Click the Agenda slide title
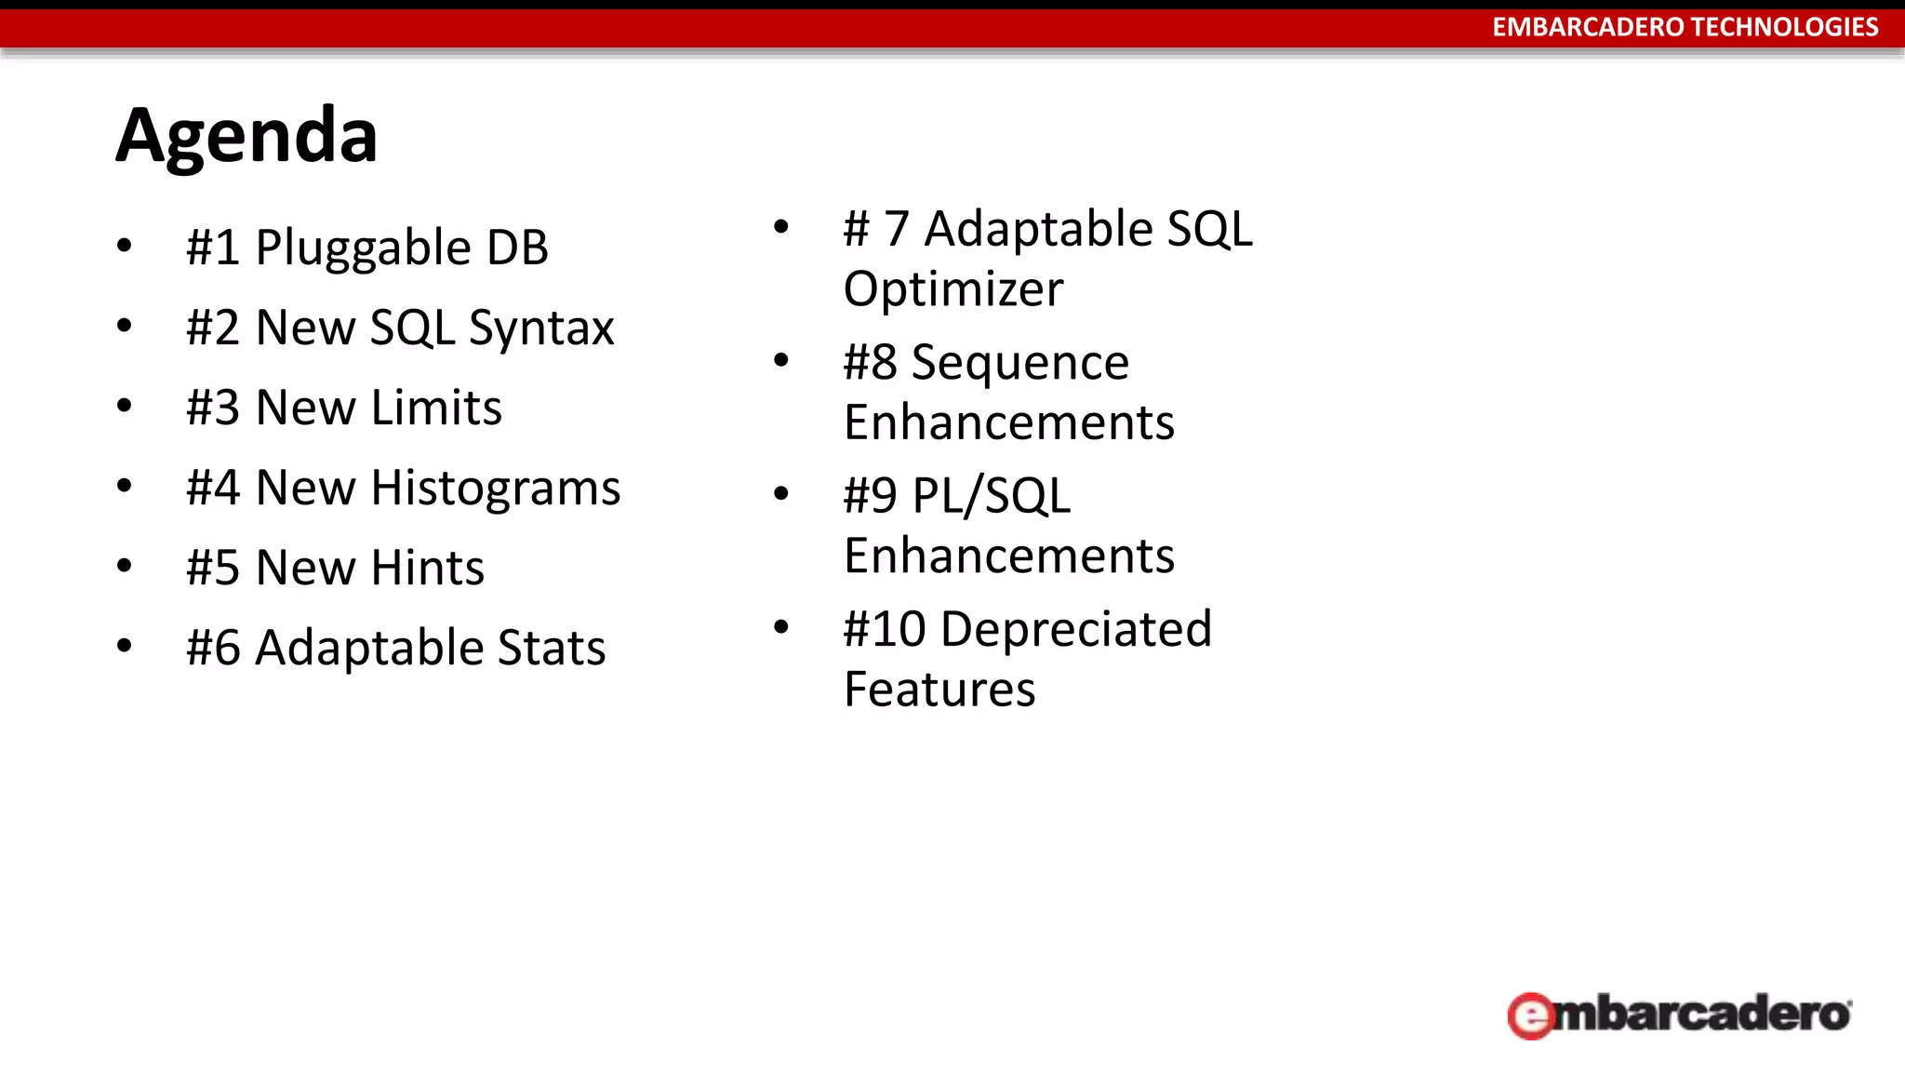pos(246,136)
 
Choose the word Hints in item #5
pos(427,568)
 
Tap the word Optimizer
pos(952,289)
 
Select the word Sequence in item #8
pos(1019,363)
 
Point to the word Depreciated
pos(1076,630)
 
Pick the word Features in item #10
pos(939,690)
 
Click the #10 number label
pos(884,630)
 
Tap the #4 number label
pos(213,489)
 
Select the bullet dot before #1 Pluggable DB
pos(125,246)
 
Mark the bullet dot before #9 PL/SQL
pos(781,493)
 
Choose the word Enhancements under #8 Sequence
pos(1008,423)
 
